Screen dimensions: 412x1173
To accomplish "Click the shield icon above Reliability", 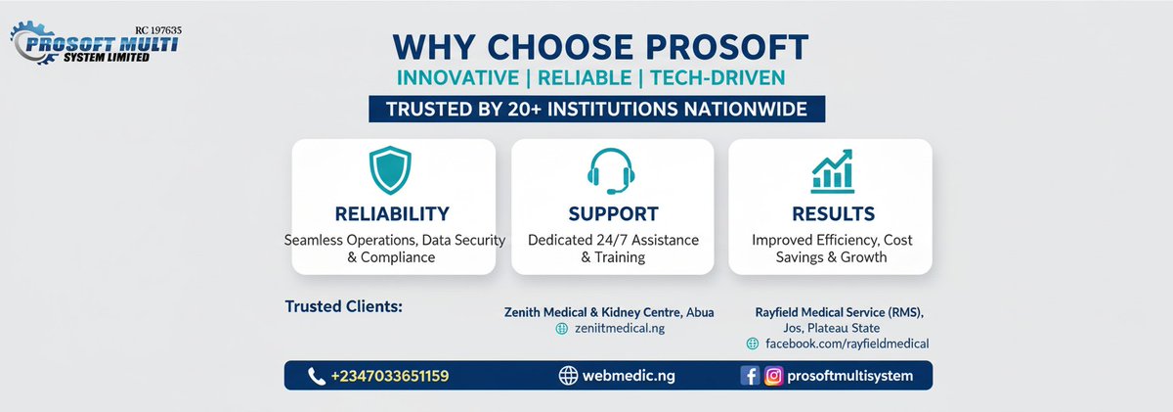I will [391, 171].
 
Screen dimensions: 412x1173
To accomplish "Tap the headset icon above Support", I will [612, 171].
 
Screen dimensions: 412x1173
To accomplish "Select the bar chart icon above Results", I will [832, 170].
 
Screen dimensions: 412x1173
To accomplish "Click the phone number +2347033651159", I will [390, 376].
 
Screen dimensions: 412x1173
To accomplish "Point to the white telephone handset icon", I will [316, 376].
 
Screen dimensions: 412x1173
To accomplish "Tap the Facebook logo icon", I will [750, 376].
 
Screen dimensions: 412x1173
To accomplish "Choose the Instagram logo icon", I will [773, 376].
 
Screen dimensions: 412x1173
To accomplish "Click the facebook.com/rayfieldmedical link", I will [847, 343].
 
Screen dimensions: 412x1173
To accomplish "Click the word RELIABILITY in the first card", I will [392, 213].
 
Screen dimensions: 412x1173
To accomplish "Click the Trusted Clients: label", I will [343, 306].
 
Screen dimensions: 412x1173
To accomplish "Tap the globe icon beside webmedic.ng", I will [569, 376].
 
